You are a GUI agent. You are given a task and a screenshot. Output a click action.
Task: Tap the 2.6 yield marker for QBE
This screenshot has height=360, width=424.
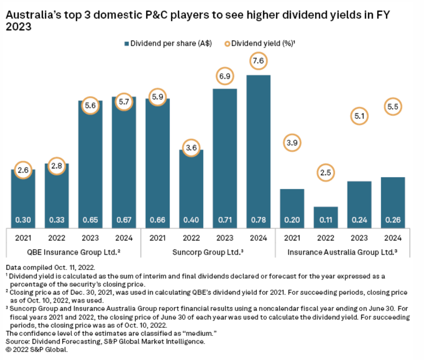(x=23, y=171)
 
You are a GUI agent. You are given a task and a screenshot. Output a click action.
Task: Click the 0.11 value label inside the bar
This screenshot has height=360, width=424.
(x=325, y=220)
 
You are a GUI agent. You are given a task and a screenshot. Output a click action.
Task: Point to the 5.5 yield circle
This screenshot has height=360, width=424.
(x=393, y=107)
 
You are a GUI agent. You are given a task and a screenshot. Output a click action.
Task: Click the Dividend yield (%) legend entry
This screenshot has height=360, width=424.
(x=260, y=44)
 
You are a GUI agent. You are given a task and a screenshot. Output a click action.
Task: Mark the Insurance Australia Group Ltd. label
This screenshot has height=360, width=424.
(x=342, y=253)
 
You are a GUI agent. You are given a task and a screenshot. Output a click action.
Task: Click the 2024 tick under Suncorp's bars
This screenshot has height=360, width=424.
(x=258, y=238)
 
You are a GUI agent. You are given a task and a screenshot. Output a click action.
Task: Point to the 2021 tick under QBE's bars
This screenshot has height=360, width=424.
(x=23, y=238)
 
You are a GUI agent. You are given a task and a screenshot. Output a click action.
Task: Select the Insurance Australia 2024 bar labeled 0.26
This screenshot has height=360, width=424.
(x=393, y=201)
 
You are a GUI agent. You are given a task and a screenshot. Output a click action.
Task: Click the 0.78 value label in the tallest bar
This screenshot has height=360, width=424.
(x=258, y=220)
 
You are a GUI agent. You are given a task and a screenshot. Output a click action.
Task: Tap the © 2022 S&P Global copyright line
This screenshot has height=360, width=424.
(x=37, y=349)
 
